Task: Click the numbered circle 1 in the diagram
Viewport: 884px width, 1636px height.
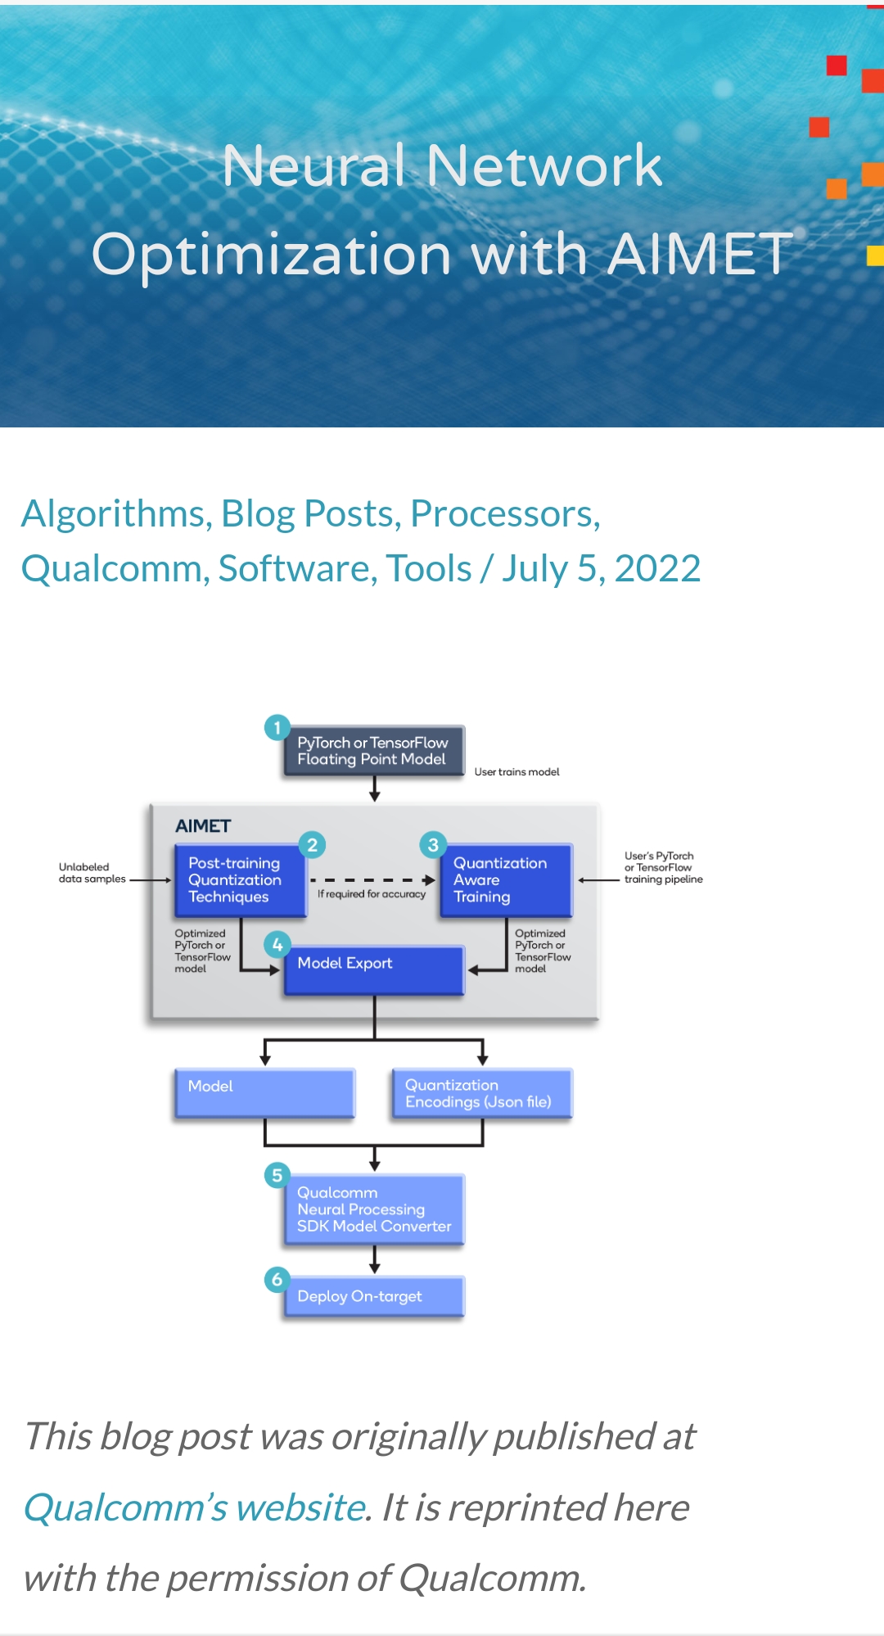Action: tap(277, 727)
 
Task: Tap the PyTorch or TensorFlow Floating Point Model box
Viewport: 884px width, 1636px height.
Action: tap(373, 751)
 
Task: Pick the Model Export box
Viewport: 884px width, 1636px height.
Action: tap(374, 969)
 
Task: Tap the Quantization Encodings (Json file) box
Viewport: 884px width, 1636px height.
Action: tap(481, 1093)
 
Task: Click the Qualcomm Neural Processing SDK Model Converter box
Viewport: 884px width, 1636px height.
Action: tap(374, 1209)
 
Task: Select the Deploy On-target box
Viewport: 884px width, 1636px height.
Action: tap(374, 1296)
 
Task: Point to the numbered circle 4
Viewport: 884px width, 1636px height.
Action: tap(277, 945)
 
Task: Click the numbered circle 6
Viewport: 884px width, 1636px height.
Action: tap(277, 1279)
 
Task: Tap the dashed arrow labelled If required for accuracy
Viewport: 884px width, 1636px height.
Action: tap(372, 880)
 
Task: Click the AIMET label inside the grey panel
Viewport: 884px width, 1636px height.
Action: tap(203, 825)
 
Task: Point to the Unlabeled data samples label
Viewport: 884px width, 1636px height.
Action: tap(92, 873)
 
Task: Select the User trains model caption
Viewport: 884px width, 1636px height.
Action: tap(516, 771)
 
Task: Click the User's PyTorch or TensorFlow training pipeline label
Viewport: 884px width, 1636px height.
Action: tap(663, 868)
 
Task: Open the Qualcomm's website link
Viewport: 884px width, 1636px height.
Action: tap(194, 1507)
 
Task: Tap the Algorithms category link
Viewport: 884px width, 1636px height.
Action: tap(112, 513)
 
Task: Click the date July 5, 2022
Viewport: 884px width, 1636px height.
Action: tap(602, 568)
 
